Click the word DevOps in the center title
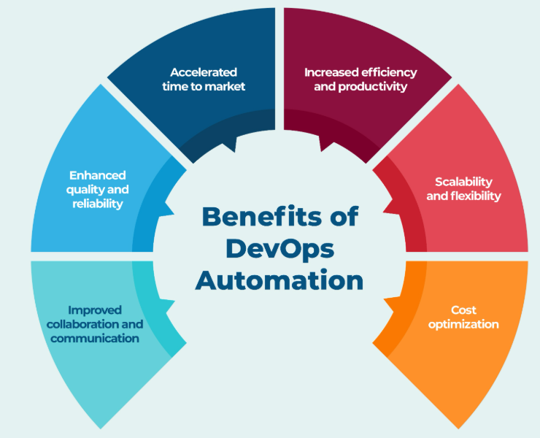tap(279, 248)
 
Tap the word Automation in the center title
tap(279, 280)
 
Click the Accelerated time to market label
tap(207, 80)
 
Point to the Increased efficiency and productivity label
tap(360, 80)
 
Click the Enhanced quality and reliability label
tap(97, 189)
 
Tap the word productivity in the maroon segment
tap(380, 87)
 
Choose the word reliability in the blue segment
tap(97, 204)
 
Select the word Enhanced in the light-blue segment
tap(97, 175)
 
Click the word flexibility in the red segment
tap(474, 196)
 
